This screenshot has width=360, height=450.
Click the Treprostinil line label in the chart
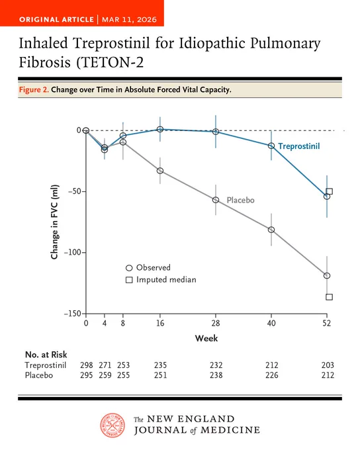(x=299, y=146)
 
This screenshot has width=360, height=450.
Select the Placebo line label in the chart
(x=241, y=200)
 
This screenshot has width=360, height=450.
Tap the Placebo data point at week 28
(x=216, y=200)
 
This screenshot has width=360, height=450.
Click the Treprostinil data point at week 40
(x=271, y=146)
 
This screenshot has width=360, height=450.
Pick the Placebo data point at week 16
(x=160, y=171)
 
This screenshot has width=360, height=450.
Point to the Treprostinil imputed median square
(x=330, y=191)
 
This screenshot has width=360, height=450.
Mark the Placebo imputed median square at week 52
(x=330, y=296)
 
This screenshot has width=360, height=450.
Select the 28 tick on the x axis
(x=216, y=324)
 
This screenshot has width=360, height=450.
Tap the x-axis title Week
(x=206, y=338)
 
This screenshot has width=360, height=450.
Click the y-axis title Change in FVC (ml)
(x=54, y=222)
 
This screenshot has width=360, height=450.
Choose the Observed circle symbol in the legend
(x=129, y=268)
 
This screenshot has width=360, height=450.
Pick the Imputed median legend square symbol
(x=129, y=280)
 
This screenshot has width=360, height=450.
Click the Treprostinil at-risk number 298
(x=87, y=365)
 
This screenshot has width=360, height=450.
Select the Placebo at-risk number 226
(x=271, y=375)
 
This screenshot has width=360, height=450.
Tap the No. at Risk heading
(x=46, y=355)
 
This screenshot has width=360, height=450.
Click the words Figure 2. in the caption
(x=34, y=90)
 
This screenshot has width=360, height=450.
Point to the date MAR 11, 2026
(x=129, y=19)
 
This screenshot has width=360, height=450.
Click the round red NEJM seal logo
(x=112, y=426)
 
